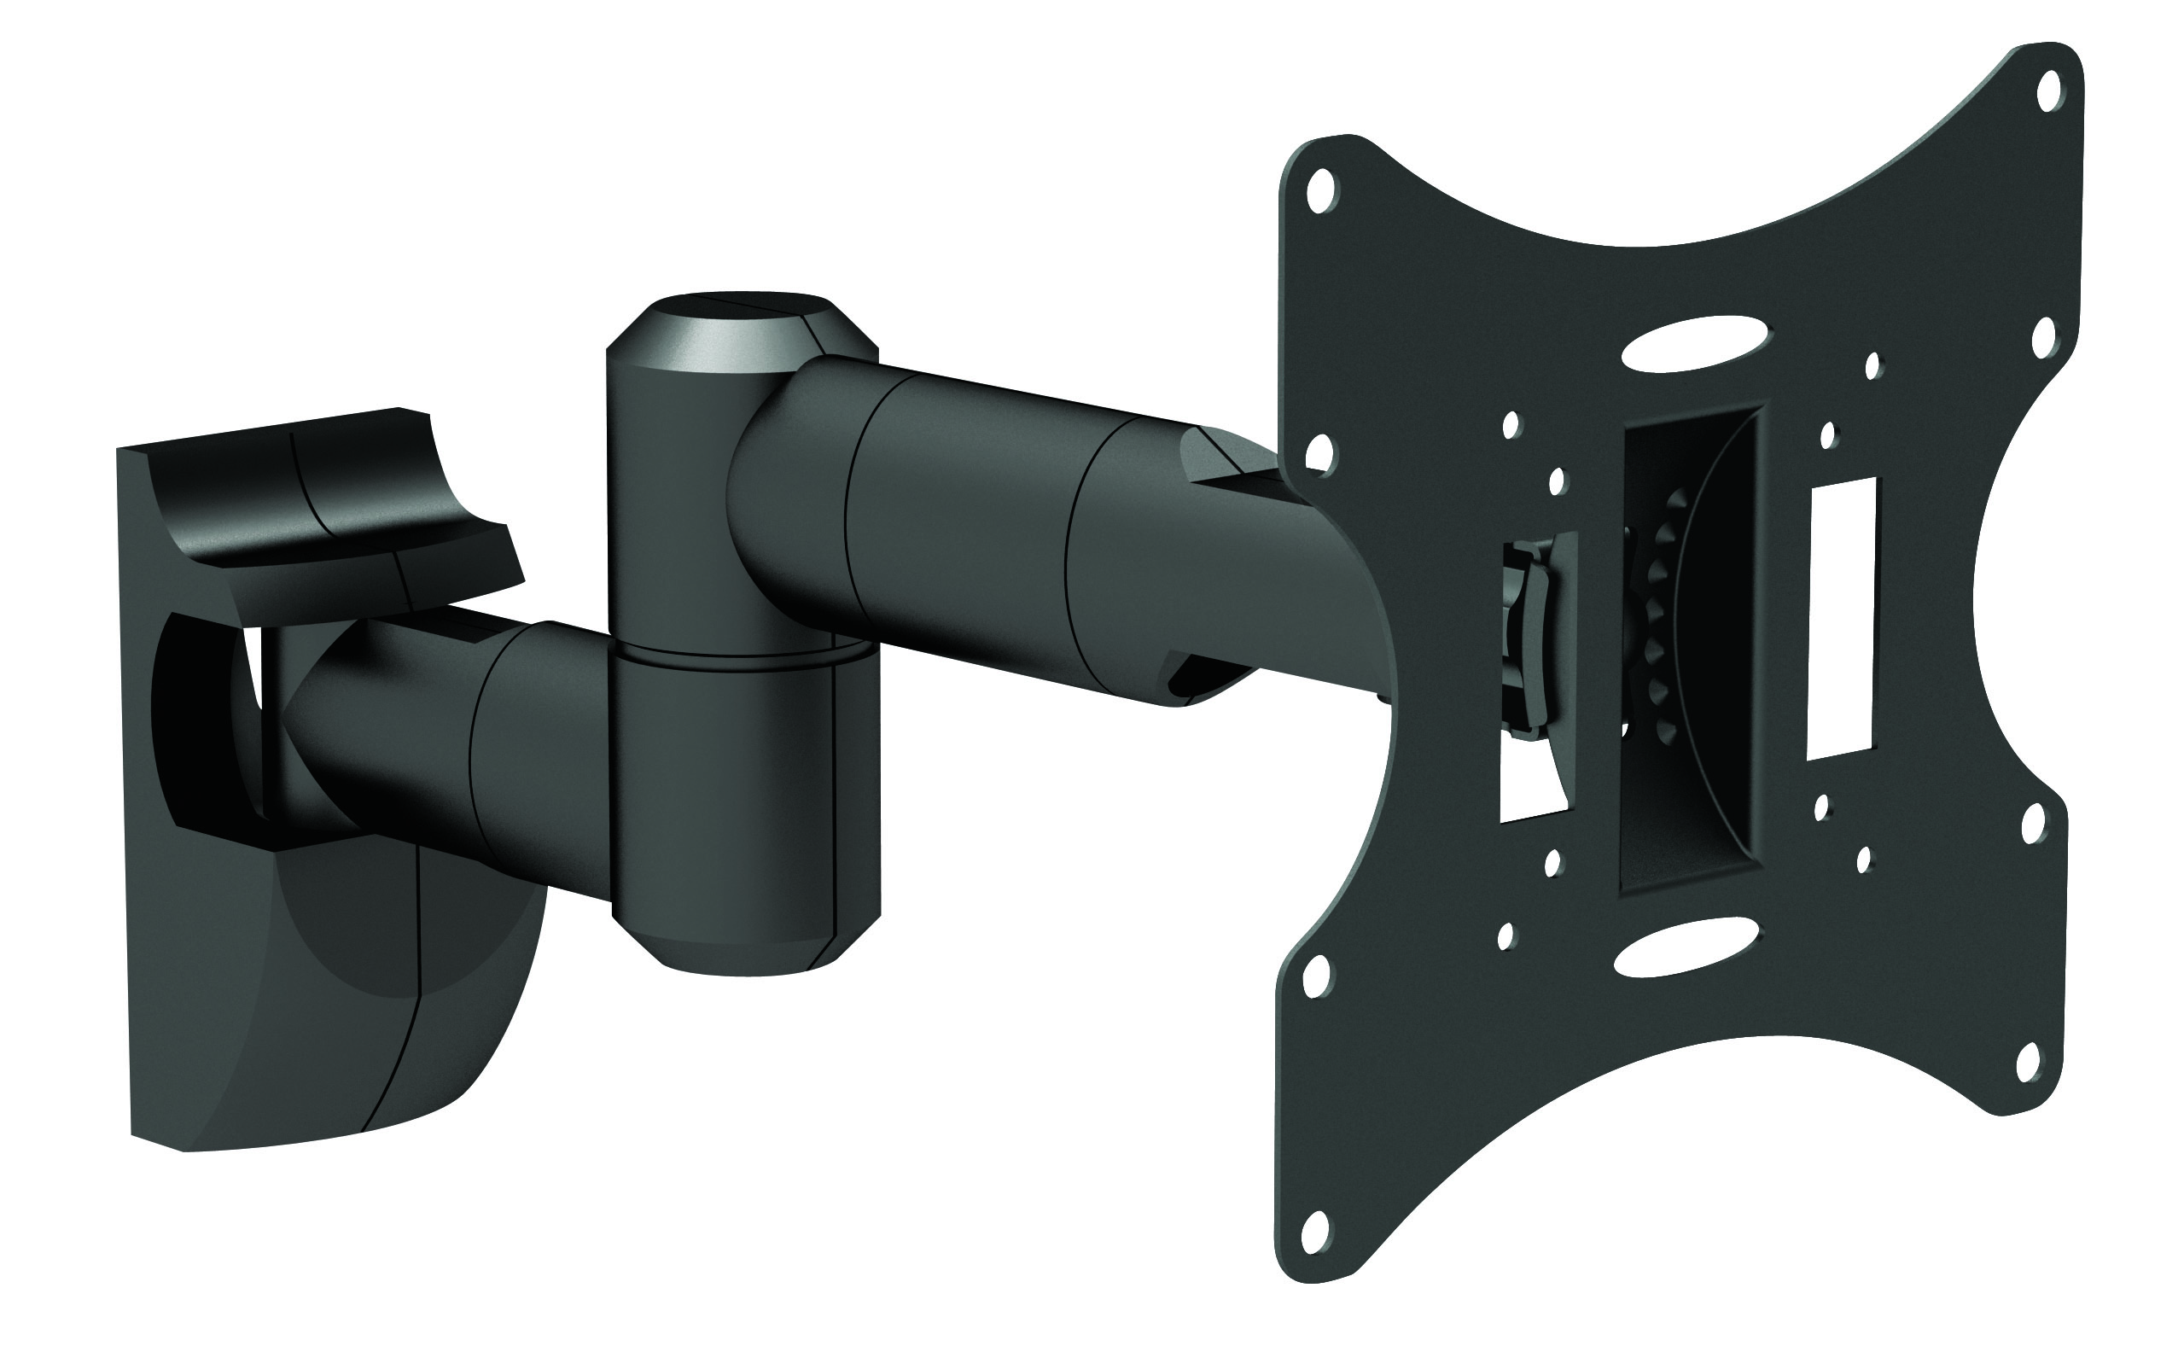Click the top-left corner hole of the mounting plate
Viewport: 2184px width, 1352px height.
point(1323,189)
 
